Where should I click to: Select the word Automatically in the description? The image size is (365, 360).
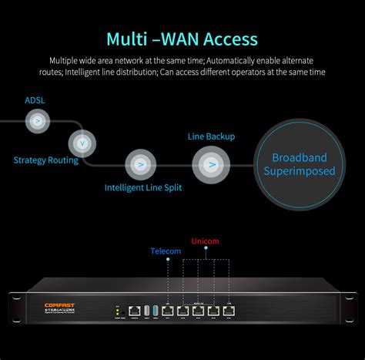coord(229,60)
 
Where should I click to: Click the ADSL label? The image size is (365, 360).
coord(35,99)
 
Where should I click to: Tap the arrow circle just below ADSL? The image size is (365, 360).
coord(36,119)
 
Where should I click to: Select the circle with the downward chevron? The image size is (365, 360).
coord(81,143)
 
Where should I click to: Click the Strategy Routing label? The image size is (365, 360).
coord(45,160)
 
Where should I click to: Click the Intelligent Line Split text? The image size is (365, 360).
coord(143,187)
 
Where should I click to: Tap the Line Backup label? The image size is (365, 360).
coord(211,136)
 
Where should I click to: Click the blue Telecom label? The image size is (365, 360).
coord(166,251)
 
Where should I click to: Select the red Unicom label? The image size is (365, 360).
coord(204,241)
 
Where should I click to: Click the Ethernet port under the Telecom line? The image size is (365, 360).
coord(166,311)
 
